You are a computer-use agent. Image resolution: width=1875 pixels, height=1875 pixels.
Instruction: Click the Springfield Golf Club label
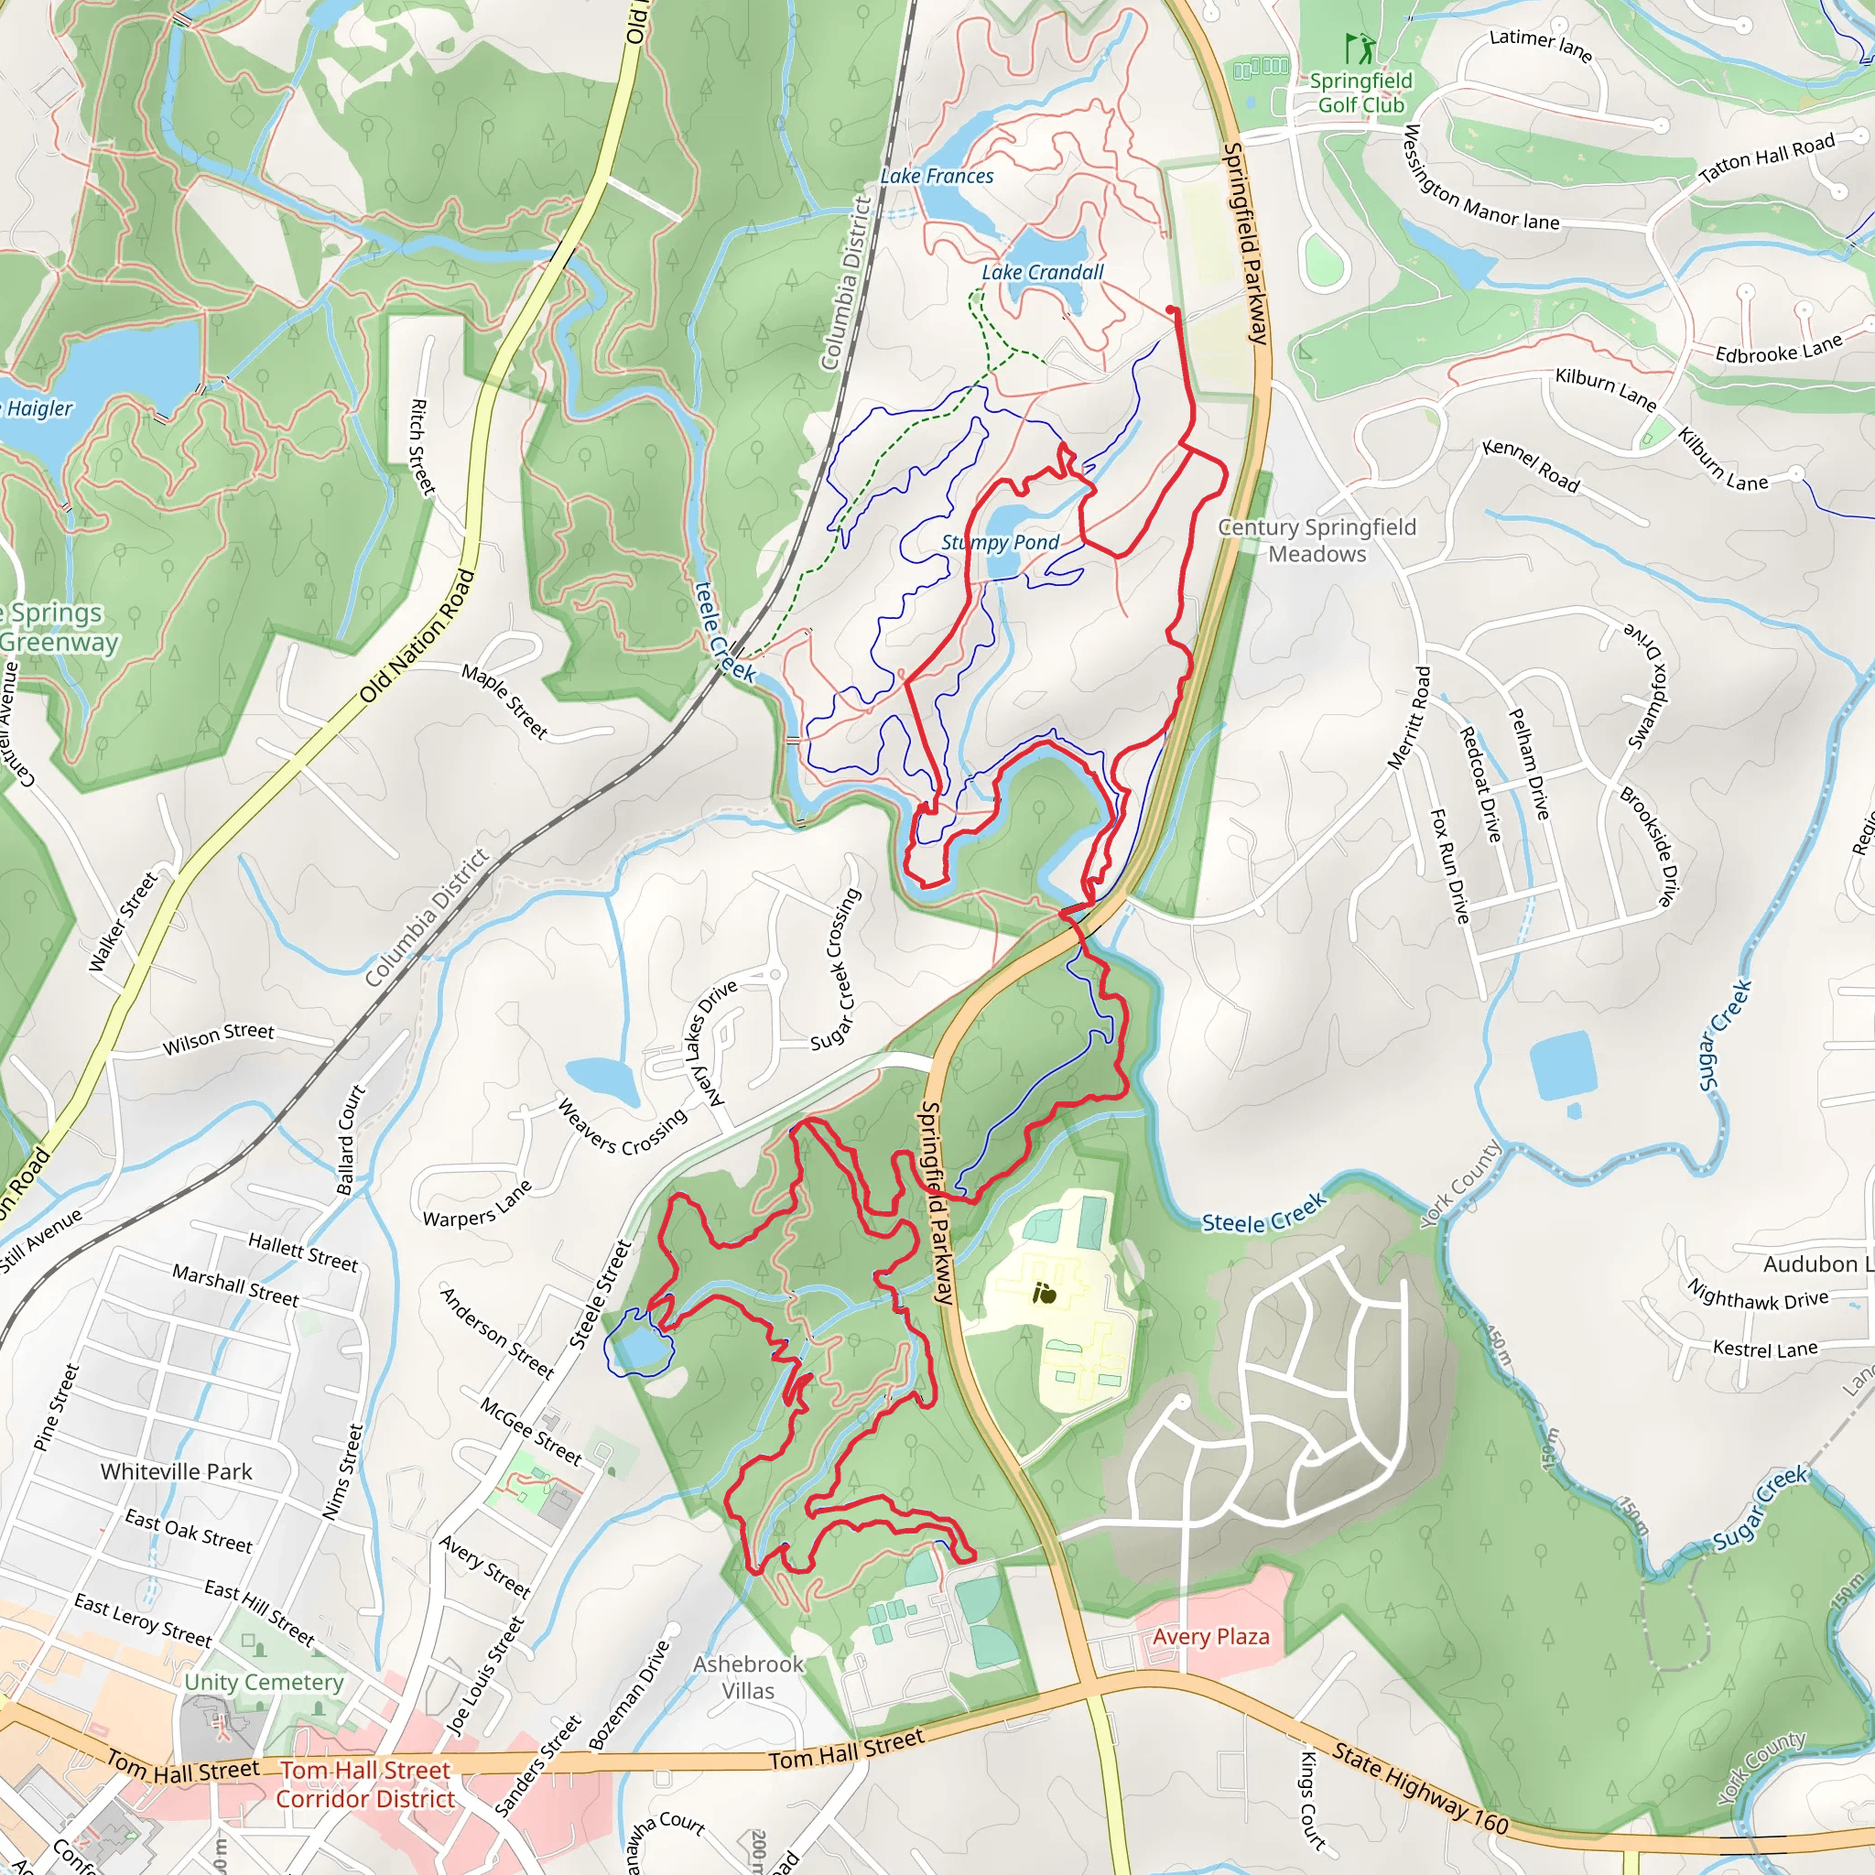coord(1360,93)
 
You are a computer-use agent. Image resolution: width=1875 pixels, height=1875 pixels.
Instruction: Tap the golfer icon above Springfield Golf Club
coord(1360,49)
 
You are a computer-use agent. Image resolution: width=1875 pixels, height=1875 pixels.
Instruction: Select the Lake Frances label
coord(937,177)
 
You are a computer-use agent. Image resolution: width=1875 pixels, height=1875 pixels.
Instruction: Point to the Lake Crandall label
coord(1042,273)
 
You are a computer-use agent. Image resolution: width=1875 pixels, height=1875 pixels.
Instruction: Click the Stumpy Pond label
coord(1000,543)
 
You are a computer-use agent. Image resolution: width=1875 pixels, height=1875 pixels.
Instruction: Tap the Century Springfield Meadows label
coord(1317,540)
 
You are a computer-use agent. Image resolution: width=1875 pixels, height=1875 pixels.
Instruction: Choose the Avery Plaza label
coord(1210,1636)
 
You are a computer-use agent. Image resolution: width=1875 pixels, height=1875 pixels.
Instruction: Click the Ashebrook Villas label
coord(748,1677)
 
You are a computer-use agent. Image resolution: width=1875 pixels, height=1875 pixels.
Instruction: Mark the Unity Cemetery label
coord(264,1682)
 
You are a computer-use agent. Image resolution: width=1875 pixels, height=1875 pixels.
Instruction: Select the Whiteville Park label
coord(176,1471)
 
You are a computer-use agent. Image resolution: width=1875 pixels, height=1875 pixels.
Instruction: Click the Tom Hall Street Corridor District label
coord(365,1784)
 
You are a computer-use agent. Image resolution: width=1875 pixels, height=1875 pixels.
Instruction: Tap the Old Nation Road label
coord(417,635)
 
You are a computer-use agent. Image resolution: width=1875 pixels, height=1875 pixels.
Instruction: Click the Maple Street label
coord(504,700)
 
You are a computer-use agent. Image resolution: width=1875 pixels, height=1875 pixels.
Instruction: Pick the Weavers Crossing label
coord(622,1128)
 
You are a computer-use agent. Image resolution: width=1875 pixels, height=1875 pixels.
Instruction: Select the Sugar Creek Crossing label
coord(836,969)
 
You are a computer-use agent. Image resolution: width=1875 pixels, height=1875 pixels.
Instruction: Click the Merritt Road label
coord(1409,717)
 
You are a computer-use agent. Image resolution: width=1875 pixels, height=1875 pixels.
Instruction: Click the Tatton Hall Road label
coord(1766,157)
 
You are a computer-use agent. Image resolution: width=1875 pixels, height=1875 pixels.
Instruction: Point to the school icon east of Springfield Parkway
coord(1045,1293)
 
